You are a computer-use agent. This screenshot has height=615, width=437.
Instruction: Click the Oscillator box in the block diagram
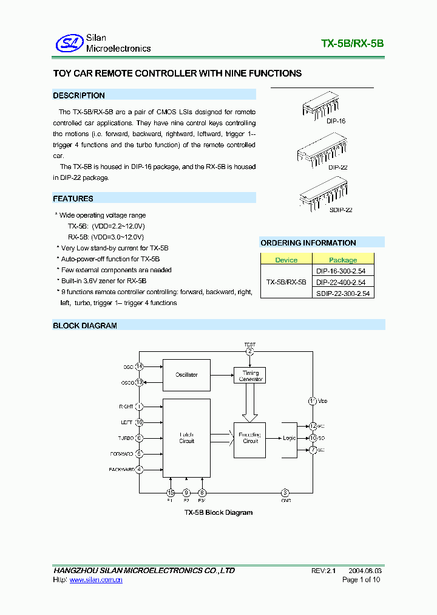click(x=186, y=374)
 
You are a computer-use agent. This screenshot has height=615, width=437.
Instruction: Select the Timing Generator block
click(x=250, y=376)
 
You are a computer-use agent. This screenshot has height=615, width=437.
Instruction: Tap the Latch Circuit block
click(x=186, y=438)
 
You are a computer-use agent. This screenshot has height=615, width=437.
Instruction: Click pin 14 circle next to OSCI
click(x=140, y=366)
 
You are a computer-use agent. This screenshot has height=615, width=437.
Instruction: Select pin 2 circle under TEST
click(x=249, y=351)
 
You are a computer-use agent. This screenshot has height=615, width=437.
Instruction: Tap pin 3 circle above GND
click(x=285, y=493)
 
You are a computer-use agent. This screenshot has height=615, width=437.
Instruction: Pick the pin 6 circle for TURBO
click(x=140, y=438)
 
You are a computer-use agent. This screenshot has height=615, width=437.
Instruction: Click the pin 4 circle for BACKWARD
click(x=140, y=469)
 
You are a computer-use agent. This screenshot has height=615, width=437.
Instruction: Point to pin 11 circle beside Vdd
click(x=313, y=401)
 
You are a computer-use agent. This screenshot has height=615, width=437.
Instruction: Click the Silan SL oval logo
click(x=69, y=43)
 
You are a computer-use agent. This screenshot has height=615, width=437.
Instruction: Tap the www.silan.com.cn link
click(x=97, y=580)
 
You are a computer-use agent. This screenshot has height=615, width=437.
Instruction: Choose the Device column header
click(x=286, y=259)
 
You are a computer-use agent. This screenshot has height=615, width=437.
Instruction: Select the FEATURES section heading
click(x=73, y=199)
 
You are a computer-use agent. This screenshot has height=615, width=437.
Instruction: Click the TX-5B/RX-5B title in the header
click(x=352, y=44)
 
